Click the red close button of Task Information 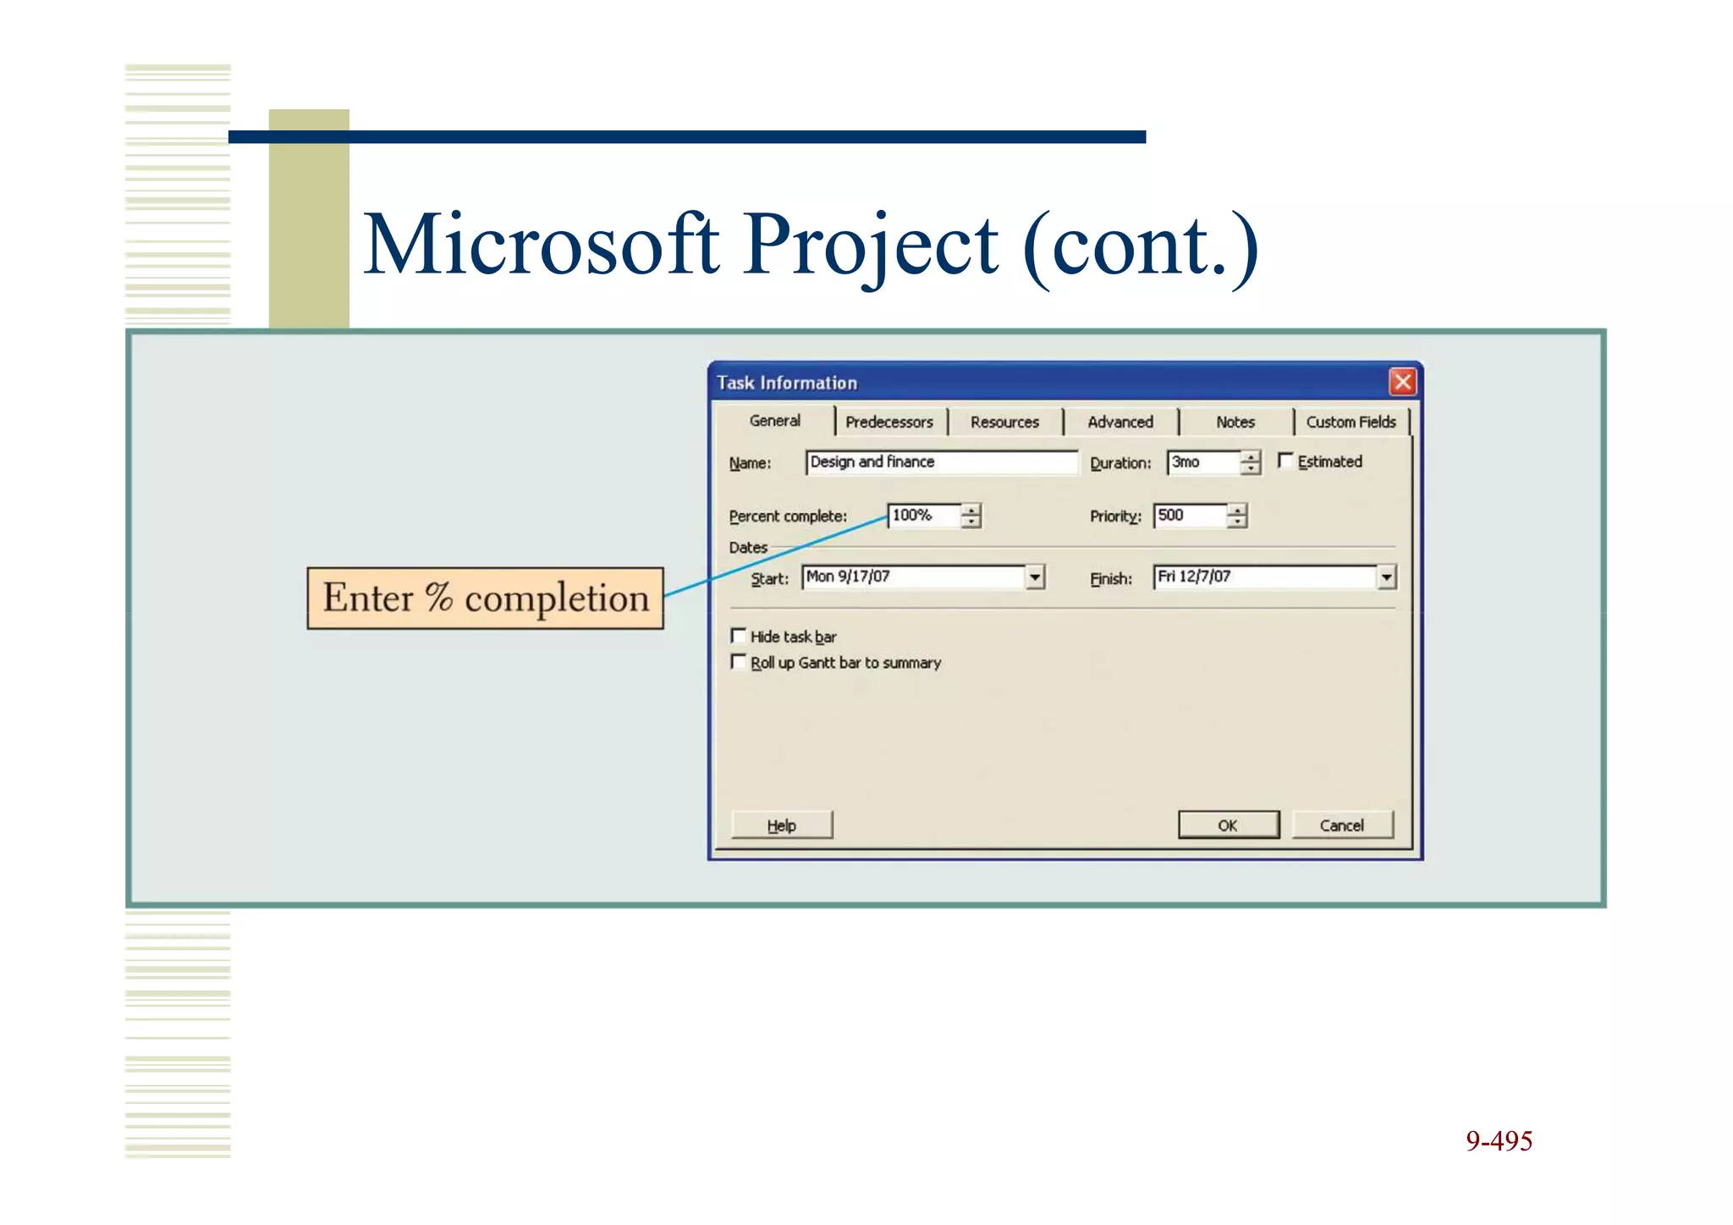[1402, 382]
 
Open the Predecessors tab [889, 422]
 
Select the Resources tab [1004, 422]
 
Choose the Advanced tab [1120, 422]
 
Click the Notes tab [1235, 422]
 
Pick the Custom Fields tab [1351, 422]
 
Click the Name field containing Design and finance [941, 462]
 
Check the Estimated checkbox [1285, 461]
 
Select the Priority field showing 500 [1189, 516]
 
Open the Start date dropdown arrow [1035, 577]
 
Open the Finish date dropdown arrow [1386, 577]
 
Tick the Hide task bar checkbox [739, 636]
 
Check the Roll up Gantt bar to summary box [739, 662]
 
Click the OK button [1228, 825]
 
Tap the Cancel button [1342, 825]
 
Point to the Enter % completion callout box [485, 598]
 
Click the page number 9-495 [1499, 1141]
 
